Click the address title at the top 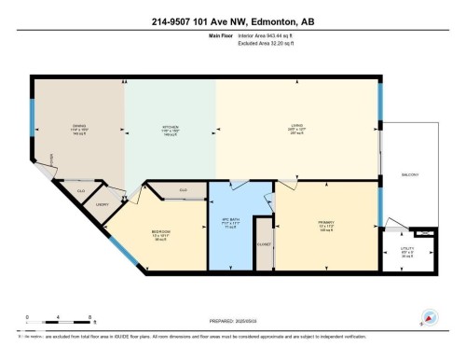[233, 19]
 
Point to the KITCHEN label [170, 129]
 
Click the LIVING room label [295, 129]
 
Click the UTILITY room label [408, 249]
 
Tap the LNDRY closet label [103, 203]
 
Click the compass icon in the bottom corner [430, 317]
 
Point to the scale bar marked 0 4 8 [45, 325]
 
